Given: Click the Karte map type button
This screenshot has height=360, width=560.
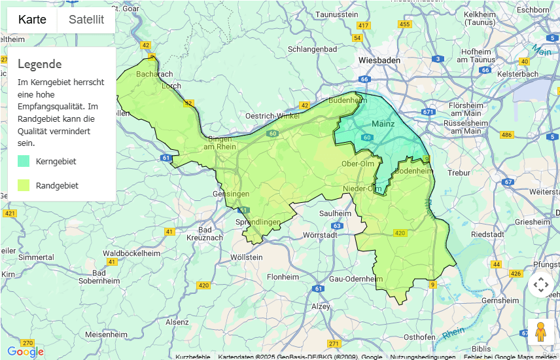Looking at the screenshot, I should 32,20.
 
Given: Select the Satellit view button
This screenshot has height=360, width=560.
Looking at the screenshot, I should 86,20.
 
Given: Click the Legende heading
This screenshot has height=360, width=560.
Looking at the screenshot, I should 40,64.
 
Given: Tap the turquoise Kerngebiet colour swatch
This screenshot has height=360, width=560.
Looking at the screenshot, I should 24,161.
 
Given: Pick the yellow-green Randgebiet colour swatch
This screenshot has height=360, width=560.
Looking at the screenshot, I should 24,185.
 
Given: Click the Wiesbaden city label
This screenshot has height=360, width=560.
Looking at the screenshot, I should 379,60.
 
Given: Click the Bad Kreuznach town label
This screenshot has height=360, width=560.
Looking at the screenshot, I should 210,234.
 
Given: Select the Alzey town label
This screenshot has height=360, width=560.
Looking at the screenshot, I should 321,306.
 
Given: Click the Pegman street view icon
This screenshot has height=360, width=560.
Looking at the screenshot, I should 540,332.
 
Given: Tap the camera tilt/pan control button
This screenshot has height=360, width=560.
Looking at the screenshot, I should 540,285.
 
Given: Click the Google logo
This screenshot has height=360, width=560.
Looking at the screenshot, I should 26,352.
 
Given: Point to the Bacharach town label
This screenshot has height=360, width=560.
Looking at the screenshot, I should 154,75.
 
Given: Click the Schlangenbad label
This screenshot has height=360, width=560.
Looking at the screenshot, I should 312,49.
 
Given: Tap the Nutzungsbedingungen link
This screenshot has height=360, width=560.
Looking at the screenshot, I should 423,357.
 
